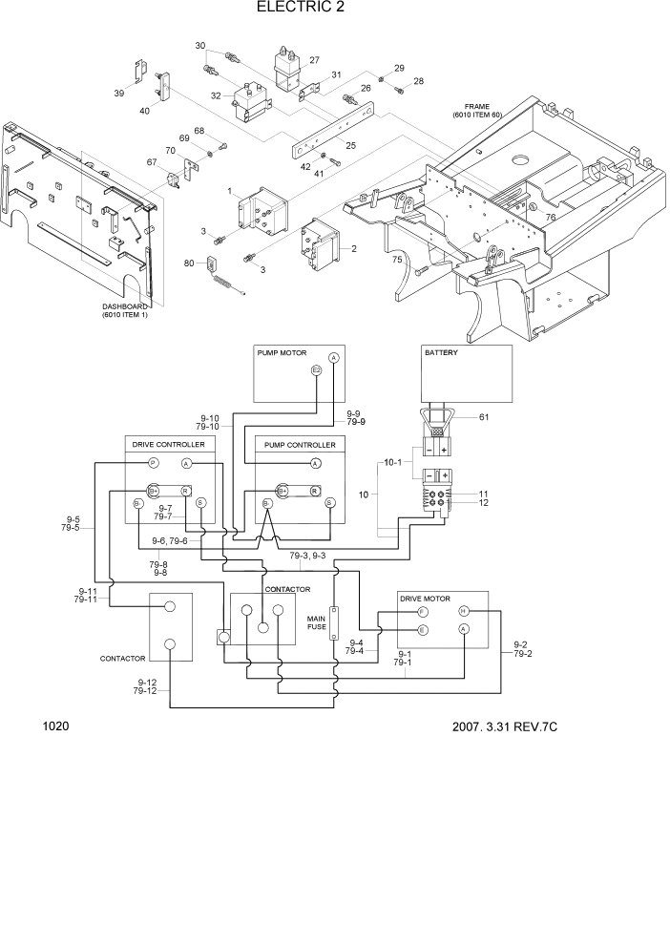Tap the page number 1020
(x=55, y=726)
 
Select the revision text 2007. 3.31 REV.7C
(x=504, y=726)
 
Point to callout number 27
(x=314, y=59)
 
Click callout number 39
(x=118, y=93)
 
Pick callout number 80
(x=189, y=263)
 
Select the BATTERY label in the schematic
(x=441, y=352)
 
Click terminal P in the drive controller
(x=152, y=463)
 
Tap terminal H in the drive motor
(x=464, y=610)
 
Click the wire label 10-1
(x=392, y=462)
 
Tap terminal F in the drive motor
(x=423, y=611)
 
